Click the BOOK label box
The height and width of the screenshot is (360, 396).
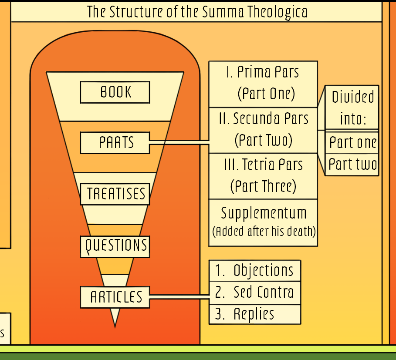click(x=115, y=92)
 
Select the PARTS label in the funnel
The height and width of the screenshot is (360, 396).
click(x=115, y=143)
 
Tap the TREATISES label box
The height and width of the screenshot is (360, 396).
click(x=115, y=194)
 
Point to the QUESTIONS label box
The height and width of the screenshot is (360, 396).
click(x=115, y=246)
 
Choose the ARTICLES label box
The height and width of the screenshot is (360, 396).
click(x=115, y=297)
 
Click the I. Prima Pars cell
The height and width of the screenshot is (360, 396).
click(x=263, y=84)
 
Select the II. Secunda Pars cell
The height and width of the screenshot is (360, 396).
click(x=263, y=130)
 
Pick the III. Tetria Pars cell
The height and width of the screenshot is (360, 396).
click(x=263, y=176)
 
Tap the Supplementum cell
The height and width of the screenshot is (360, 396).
click(x=263, y=222)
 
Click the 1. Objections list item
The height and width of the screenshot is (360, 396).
click(x=255, y=271)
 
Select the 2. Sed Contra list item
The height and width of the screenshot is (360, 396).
click(x=255, y=293)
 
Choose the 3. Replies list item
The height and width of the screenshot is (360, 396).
click(x=255, y=314)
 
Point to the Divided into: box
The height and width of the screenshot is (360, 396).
click(x=352, y=107)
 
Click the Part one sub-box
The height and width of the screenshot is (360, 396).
click(x=352, y=142)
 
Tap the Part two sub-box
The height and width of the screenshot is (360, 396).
click(x=352, y=165)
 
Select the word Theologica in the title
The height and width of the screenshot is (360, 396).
click(x=278, y=12)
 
